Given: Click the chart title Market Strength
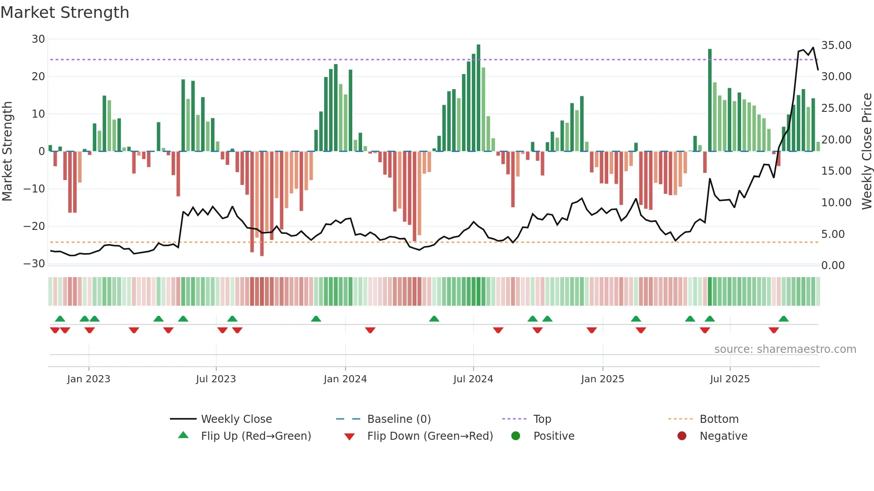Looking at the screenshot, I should pos(65,12).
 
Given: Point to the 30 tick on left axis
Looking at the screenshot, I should pos(38,39).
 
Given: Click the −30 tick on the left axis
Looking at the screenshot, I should pos(34,263).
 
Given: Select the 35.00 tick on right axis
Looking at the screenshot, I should pos(836,45).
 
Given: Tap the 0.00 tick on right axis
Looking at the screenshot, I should pos(833,266).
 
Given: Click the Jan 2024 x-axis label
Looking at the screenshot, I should pos(345,379).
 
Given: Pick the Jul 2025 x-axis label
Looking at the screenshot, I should pos(730,379).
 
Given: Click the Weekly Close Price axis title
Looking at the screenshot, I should pos(866,151).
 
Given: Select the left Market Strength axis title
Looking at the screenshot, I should pos(7,151).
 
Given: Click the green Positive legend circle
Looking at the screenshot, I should pos(516,436).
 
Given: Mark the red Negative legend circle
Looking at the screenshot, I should pos(682,436).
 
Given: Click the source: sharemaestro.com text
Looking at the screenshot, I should pos(785,349).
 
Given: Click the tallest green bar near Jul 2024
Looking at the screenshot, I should pos(478,98).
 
